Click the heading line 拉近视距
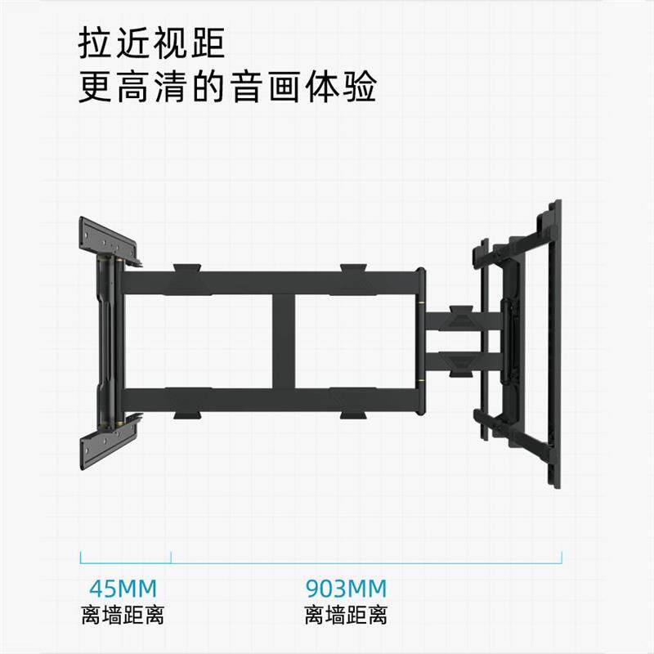tap(151, 43)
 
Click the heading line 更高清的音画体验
tap(227, 87)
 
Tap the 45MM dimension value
tap(123, 589)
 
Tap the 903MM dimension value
tap(346, 589)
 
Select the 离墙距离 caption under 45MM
tap(123, 615)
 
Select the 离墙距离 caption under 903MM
tap(346, 615)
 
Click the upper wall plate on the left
tap(110, 242)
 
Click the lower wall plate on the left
tap(110, 441)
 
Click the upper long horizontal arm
tap(271, 283)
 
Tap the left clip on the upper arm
tap(187, 268)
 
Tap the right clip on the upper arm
tap(354, 268)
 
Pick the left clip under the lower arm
tap(187, 415)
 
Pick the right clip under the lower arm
tap(354, 415)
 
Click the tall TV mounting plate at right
tap(555, 344)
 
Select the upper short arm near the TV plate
tap(463, 320)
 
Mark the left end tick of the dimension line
tap(80, 558)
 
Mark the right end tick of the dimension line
tap(562, 558)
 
